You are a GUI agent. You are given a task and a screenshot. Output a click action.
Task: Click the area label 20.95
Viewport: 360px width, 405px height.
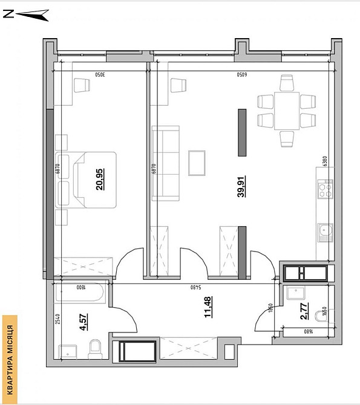click(99, 179)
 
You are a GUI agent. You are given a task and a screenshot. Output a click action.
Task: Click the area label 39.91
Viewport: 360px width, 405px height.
click(241, 187)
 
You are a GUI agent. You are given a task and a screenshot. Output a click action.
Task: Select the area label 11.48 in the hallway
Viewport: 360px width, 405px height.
click(208, 308)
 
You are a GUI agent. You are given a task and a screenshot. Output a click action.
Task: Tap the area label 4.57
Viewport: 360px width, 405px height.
click(83, 319)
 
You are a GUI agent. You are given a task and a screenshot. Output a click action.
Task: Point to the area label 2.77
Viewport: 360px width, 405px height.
click(304, 312)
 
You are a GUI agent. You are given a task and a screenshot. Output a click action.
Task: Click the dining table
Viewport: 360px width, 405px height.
click(287, 111)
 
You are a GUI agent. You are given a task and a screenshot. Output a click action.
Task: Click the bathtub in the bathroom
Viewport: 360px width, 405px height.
click(79, 296)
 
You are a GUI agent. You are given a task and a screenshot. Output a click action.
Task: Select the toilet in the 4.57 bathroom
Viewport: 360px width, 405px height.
click(95, 348)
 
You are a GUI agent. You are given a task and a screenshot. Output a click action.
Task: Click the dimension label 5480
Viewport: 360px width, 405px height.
click(195, 287)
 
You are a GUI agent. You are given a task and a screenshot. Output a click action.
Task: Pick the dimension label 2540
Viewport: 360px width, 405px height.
click(57, 319)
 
